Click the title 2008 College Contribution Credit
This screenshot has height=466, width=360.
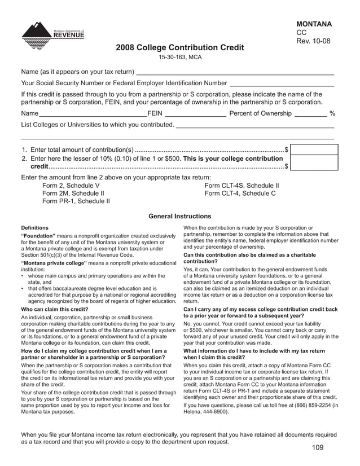pyautogui.click(x=180, y=48)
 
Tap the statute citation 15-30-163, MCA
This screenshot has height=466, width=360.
pyautogui.click(x=179, y=58)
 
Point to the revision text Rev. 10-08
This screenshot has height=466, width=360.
pyautogui.click(x=313, y=42)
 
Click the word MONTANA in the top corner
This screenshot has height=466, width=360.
pyautogui.click(x=314, y=24)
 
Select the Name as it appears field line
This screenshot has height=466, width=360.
pyautogui.click(x=235, y=72)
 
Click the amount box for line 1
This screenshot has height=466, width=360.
pyautogui.click(x=314, y=150)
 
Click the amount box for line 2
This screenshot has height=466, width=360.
pyautogui.click(x=314, y=164)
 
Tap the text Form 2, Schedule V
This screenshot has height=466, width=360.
pyautogui.click(x=71, y=185)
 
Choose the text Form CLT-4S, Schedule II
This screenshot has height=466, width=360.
pyautogui.click(x=242, y=185)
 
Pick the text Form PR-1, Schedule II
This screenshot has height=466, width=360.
pyautogui.click(x=76, y=200)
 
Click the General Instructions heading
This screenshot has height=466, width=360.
pyautogui.click(x=179, y=216)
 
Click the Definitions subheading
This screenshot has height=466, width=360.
pyautogui.click(x=34, y=228)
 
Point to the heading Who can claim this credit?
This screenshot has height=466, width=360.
pyautogui.click(x=54, y=309)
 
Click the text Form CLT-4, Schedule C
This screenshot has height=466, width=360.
pyautogui.click(x=240, y=193)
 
